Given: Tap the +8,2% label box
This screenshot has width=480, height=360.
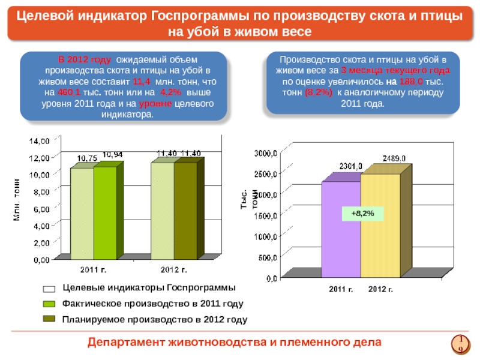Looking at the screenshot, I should [362, 213].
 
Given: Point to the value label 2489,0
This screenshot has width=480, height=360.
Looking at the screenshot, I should [394, 158].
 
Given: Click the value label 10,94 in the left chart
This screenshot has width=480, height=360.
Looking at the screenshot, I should [113, 154].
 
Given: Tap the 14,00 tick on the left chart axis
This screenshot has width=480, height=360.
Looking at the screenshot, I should [40, 140].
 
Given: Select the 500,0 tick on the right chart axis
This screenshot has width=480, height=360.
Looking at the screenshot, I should [267, 257].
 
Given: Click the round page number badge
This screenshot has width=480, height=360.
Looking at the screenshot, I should [460, 343].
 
